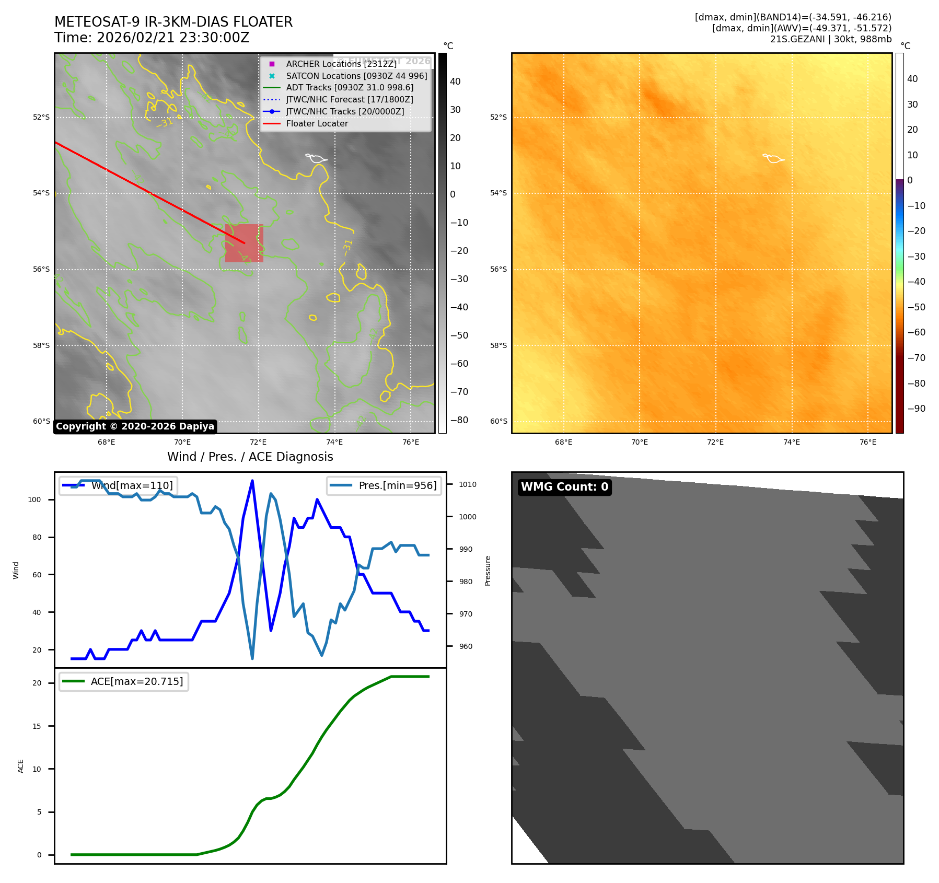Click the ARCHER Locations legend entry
(341, 64)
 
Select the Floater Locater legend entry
(317, 124)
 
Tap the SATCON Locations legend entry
(356, 76)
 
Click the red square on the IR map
(244, 243)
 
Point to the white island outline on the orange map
(773, 158)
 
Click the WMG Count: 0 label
(564, 487)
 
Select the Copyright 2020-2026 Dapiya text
(135, 426)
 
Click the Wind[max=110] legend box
(118, 485)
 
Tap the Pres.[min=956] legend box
(384, 485)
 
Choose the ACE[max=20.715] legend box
(124, 682)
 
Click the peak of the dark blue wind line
(252, 481)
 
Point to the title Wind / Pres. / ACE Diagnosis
(250, 457)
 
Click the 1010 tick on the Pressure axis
(468, 484)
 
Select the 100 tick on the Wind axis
(34, 499)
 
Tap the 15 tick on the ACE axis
(37, 726)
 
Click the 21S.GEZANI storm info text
(830, 39)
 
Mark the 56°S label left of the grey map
(41, 270)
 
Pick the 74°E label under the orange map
(791, 443)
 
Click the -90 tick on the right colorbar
(916, 409)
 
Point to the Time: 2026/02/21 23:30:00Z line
(152, 38)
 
